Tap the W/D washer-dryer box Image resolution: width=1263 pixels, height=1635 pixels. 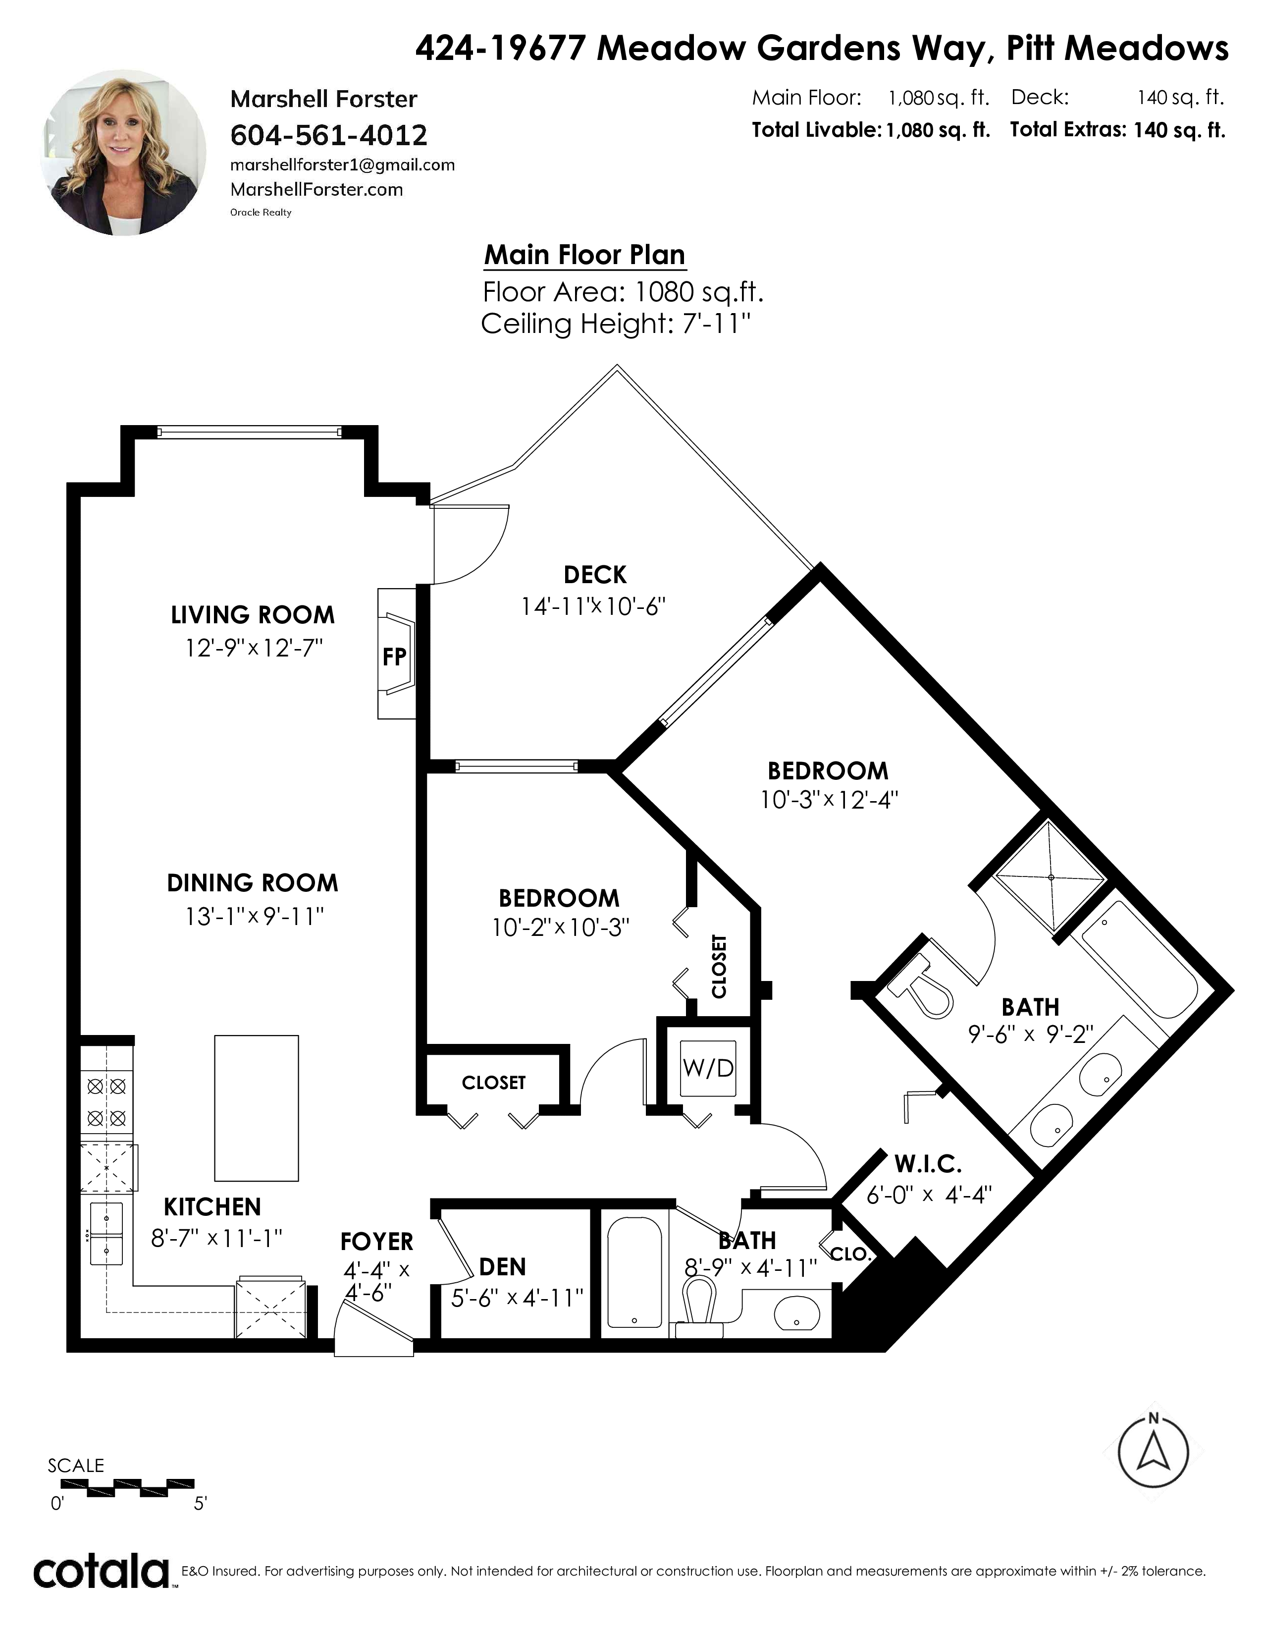tap(708, 1068)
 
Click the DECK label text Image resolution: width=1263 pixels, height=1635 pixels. tap(595, 574)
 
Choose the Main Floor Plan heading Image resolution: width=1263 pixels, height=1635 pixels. tap(584, 255)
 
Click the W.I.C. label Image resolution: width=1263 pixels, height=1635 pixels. tap(928, 1164)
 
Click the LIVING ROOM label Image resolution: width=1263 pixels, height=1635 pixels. tap(253, 615)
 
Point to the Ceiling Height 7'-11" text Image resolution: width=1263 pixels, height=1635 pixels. tap(615, 324)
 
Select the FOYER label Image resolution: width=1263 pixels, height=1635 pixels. tap(376, 1241)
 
